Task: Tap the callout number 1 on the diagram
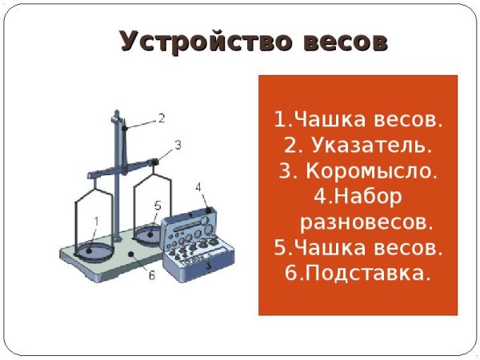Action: pos(97,221)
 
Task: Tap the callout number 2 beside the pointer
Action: pos(161,118)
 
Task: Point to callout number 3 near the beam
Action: pos(178,145)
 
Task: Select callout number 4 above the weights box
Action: pos(198,187)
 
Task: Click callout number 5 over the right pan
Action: pos(158,206)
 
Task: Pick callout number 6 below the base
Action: pos(150,276)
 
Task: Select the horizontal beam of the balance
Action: pos(120,169)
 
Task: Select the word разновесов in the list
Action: pos(366,220)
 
